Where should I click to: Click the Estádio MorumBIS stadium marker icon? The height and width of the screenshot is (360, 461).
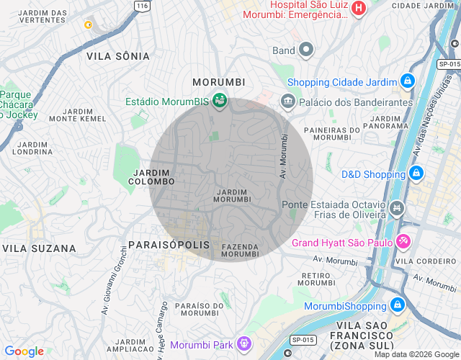pyautogui.click(x=220, y=102)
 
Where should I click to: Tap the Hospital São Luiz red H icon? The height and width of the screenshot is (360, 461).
pyautogui.click(x=359, y=9)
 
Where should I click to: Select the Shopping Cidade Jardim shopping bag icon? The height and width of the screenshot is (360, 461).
pyautogui.click(x=408, y=81)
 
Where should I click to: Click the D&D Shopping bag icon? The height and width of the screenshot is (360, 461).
pyautogui.click(x=416, y=174)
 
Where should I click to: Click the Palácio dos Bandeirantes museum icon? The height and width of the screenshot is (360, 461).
pyautogui.click(x=288, y=102)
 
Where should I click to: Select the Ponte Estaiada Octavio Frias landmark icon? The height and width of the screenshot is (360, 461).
pyautogui.click(x=395, y=209)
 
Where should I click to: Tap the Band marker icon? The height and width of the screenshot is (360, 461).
pyautogui.click(x=305, y=50)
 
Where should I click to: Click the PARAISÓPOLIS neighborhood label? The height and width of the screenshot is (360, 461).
pyautogui.click(x=169, y=245)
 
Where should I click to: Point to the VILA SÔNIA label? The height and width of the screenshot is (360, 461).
pyautogui.click(x=118, y=55)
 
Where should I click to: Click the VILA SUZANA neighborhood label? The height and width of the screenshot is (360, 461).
pyautogui.click(x=40, y=248)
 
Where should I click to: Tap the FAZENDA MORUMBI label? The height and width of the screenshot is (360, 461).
pyautogui.click(x=240, y=250)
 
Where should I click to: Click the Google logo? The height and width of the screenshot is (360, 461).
pyautogui.click(x=24, y=351)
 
